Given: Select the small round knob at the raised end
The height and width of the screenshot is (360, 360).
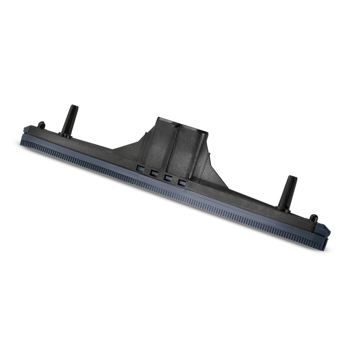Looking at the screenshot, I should click(41, 125).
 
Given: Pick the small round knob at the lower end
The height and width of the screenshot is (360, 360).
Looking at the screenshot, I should click(314, 219).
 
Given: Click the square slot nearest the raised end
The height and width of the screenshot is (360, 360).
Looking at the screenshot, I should click(140, 168).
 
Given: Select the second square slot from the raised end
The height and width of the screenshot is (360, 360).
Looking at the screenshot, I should click(154, 173).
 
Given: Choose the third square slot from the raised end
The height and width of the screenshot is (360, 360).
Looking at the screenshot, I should click(168, 177).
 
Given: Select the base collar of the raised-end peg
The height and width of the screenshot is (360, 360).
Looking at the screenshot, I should click(65, 134).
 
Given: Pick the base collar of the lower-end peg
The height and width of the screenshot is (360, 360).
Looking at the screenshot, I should click(283, 208).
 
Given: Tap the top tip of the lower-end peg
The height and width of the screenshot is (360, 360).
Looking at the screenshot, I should click(292, 178).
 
